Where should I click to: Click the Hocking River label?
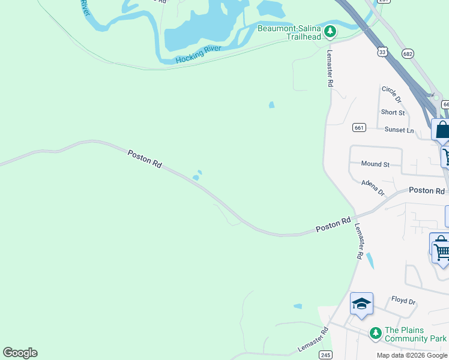[199, 55]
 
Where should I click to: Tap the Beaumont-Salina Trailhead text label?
[288, 32]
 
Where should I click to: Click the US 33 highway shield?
[382, 52]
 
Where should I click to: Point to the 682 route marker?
[408, 53]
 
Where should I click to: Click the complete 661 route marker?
[359, 127]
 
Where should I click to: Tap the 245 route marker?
[325, 355]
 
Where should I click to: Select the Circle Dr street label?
[391, 94]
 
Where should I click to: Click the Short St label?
[393, 112]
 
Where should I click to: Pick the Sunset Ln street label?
[399, 130]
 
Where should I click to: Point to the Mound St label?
[375, 164]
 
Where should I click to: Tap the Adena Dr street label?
[373, 188]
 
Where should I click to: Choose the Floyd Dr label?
[403, 300]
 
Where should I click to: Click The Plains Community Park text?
[415, 334]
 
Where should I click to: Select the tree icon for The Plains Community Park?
[375, 332]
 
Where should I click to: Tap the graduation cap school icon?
[361, 304]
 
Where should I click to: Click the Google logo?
[20, 353]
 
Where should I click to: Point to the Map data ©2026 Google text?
[412, 355]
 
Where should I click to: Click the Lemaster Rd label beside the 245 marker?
[313, 340]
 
